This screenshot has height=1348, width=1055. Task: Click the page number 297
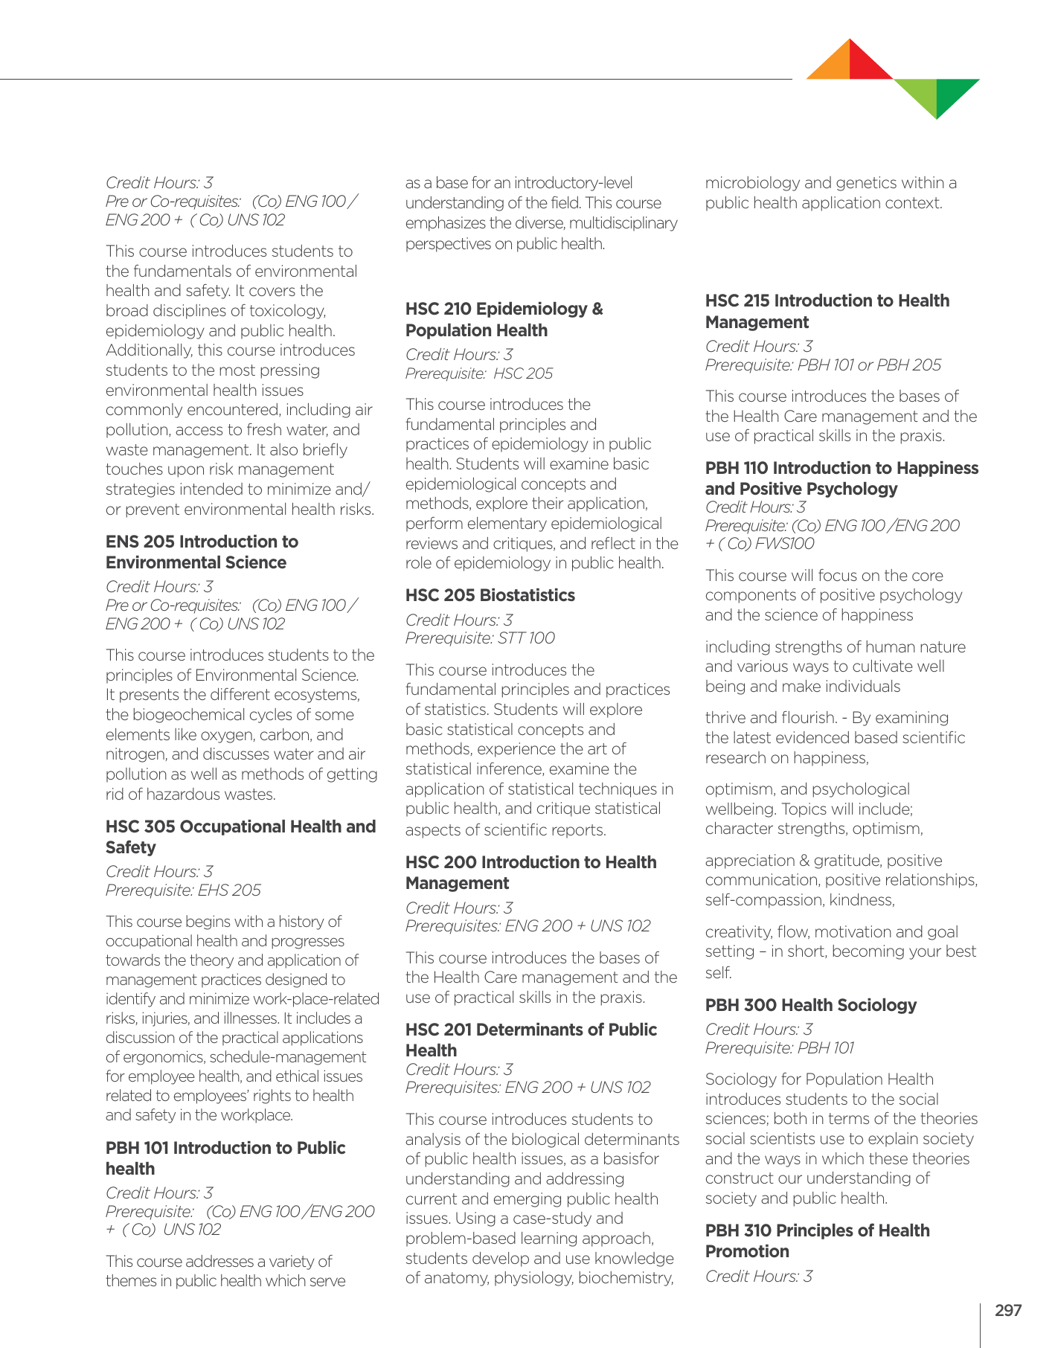(x=1008, y=1310)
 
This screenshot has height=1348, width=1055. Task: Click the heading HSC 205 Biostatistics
(x=490, y=595)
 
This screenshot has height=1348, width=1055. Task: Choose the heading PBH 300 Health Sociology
(x=810, y=1005)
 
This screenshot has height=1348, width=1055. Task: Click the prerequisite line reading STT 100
(x=480, y=638)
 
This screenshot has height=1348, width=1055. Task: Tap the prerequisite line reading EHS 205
(x=183, y=890)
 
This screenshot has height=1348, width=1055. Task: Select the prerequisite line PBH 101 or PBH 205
(x=823, y=365)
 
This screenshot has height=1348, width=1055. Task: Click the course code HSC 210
(x=437, y=309)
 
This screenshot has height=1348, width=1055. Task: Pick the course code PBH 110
(x=736, y=468)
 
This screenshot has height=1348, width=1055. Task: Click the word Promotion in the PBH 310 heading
(x=747, y=1251)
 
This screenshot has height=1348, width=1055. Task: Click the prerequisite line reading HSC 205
(x=479, y=373)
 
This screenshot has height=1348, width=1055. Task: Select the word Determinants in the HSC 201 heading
(x=525, y=1030)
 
